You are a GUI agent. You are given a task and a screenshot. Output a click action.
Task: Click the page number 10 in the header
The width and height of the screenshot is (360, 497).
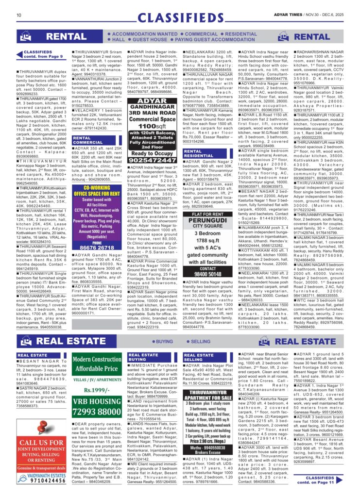[x=18, y=15]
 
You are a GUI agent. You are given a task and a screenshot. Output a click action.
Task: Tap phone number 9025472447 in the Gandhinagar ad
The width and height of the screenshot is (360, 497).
[x=154, y=160]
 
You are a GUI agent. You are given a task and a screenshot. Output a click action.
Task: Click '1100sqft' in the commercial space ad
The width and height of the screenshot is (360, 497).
[x=154, y=126]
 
